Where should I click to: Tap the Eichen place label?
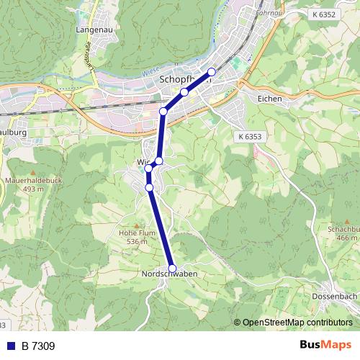pos(269,99)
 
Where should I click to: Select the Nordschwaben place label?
pos(170,274)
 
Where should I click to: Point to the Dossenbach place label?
pos(335,296)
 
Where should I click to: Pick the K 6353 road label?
pos(249,135)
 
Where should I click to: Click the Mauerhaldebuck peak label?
pos(29,181)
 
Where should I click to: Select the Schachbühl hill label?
pos(343,229)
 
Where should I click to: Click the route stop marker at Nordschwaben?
pos(171,268)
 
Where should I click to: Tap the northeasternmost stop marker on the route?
pos(212,71)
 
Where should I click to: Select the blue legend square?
pos(10,346)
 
